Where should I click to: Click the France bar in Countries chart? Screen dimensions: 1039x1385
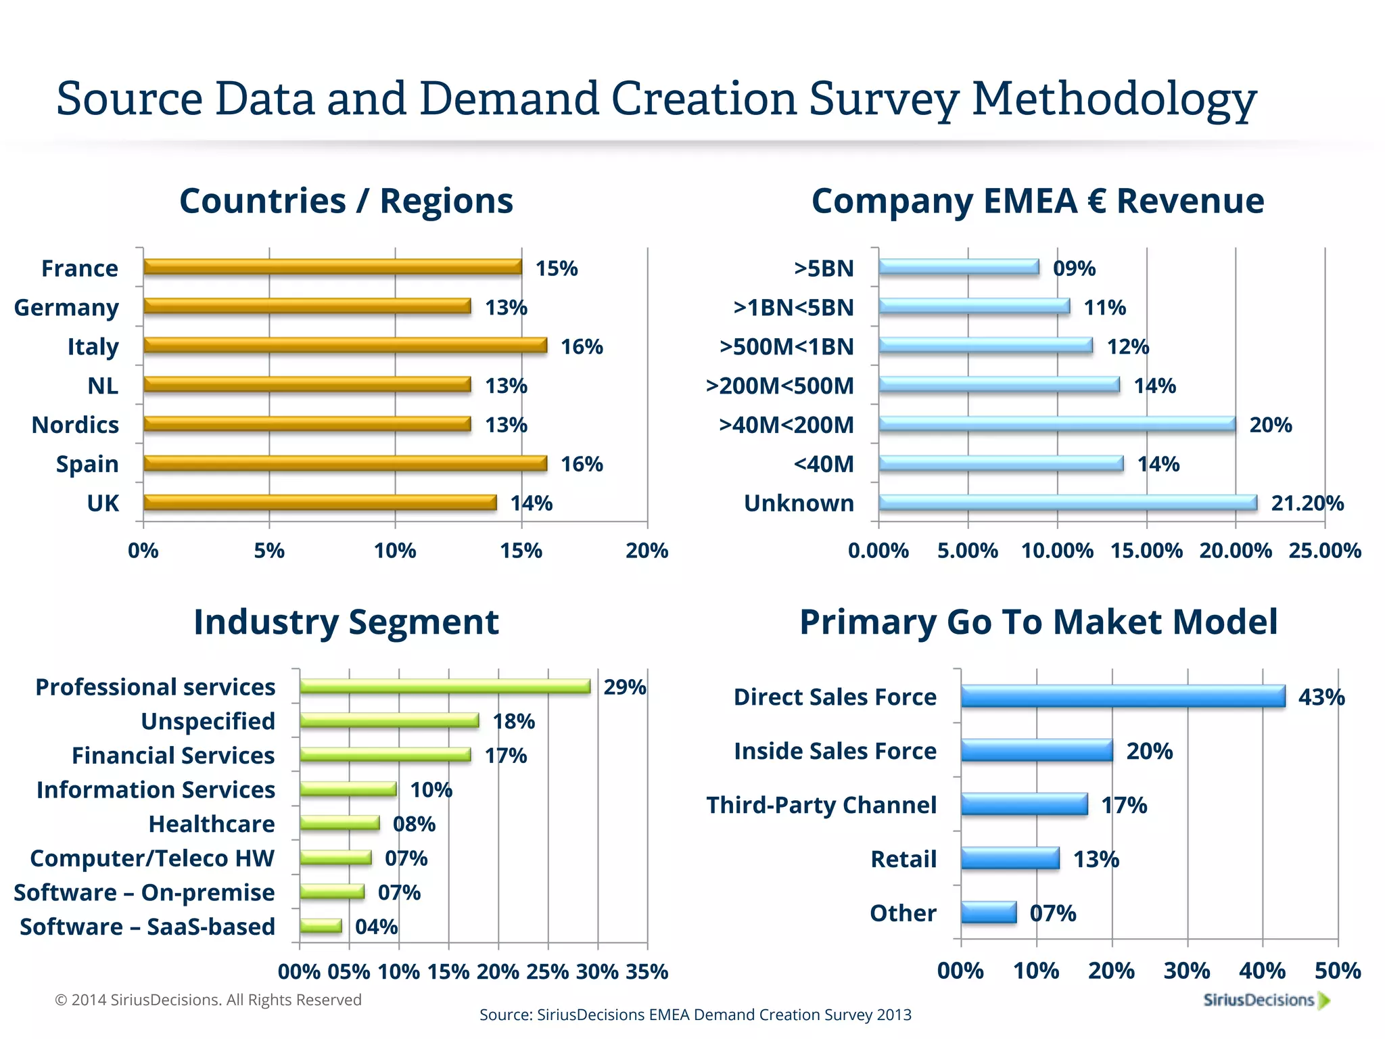[333, 267]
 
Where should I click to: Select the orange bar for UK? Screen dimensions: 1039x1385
[320, 503]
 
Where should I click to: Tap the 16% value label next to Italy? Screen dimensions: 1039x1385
[582, 347]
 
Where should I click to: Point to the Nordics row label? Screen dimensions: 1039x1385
[75, 425]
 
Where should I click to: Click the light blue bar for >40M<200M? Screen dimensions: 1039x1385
[1057, 424]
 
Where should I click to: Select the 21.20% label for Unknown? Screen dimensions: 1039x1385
[1307, 503]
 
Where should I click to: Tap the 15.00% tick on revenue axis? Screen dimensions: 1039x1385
[1146, 551]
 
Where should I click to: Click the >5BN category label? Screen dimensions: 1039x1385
[824, 269]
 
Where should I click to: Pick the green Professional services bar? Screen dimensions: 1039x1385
[445, 687]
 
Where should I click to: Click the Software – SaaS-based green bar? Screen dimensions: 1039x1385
[321, 926]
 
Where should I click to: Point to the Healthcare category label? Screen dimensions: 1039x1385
[212, 824]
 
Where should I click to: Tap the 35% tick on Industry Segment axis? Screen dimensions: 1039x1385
[647, 972]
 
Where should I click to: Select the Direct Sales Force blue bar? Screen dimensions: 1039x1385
[1123, 696]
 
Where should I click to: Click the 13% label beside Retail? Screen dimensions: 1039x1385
[1096, 859]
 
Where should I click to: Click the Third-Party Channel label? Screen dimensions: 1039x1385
[821, 805]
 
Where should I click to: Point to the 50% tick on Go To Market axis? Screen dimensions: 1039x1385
[1338, 971]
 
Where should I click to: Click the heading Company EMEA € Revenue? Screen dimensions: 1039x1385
[1037, 201]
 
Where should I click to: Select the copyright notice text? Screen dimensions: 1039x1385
[208, 1000]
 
